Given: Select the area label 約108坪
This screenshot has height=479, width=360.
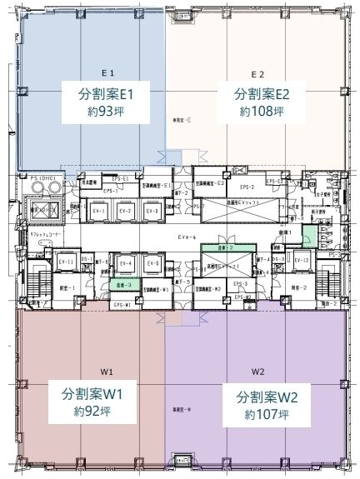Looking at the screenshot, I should (x=262, y=111).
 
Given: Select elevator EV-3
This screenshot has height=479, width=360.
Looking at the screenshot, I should (x=152, y=212).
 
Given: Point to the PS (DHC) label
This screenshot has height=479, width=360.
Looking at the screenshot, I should (x=41, y=178).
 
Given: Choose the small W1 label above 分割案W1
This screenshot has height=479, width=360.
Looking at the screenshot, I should (x=108, y=371).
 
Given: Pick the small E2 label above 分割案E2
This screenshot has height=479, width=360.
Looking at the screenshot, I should (x=257, y=73).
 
